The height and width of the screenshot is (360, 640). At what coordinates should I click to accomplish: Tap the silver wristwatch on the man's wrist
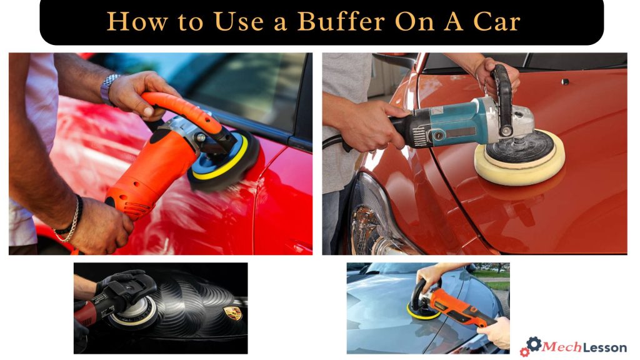point(109,87)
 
